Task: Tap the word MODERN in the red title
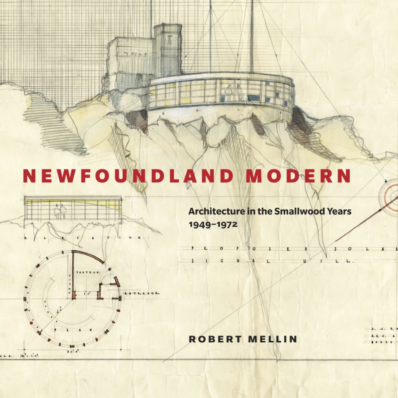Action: [x=299, y=176]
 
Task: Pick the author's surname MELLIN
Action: [x=272, y=339]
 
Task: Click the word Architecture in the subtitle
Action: [x=212, y=212]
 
